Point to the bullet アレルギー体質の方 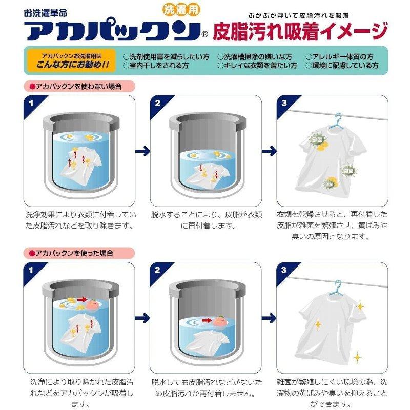point(342,57)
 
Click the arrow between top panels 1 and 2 point(142,151)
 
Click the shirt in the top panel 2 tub point(205,172)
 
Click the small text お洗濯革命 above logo point(44,9)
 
